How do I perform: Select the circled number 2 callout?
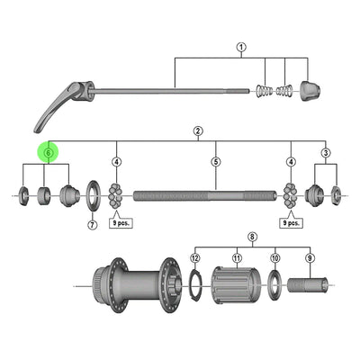[x=196, y=130]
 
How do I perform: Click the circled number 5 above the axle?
[x=216, y=162]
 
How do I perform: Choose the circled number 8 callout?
[x=252, y=238]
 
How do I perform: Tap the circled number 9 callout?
[x=310, y=257]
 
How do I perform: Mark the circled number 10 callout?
[x=275, y=257]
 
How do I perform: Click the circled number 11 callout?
[x=237, y=257]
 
